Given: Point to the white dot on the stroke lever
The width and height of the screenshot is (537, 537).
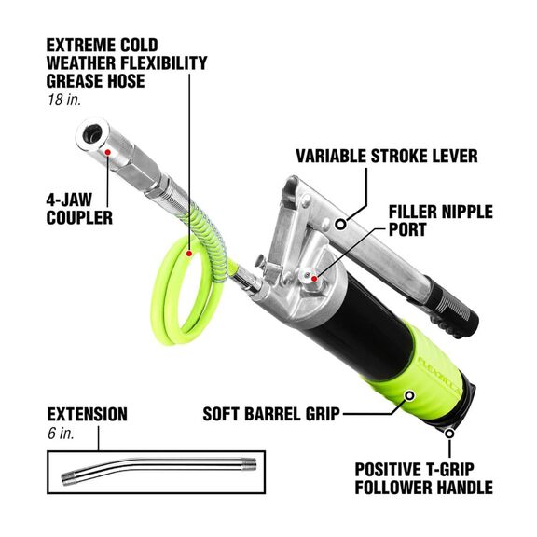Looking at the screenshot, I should [x=343, y=224].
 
